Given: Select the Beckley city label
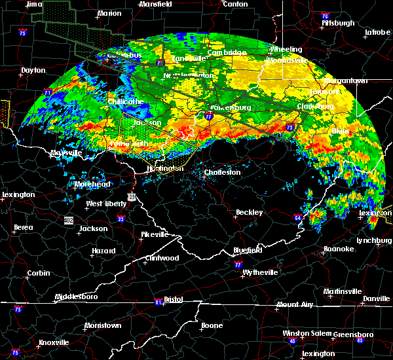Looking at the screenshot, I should point(249,212).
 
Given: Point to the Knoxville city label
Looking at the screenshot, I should point(54,342).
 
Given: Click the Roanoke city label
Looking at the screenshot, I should point(339,249).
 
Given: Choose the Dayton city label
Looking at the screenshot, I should point(33,70).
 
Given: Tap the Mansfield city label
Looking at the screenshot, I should point(157,3).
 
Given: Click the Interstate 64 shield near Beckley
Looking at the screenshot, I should point(298,218).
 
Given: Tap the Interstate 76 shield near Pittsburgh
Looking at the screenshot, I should point(324,15).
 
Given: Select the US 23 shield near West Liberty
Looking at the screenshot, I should point(132,197).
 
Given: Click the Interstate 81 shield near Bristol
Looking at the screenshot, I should point(157,302).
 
